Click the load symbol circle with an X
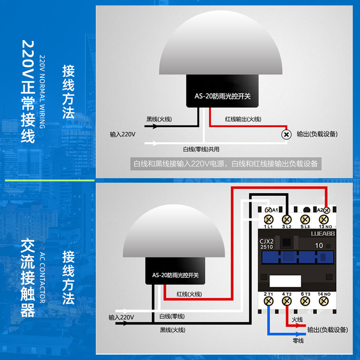(x=285, y=134)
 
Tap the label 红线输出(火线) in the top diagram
(x=243, y=119)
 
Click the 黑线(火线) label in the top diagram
(x=159, y=119)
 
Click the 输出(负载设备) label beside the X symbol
(x=317, y=135)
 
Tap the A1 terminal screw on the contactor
(x=269, y=210)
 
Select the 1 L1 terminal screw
(x=269, y=219)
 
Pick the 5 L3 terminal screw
(x=306, y=219)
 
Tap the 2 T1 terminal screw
(x=269, y=302)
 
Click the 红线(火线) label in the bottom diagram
(x=189, y=294)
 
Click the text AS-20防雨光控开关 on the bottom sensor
(x=175, y=275)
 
